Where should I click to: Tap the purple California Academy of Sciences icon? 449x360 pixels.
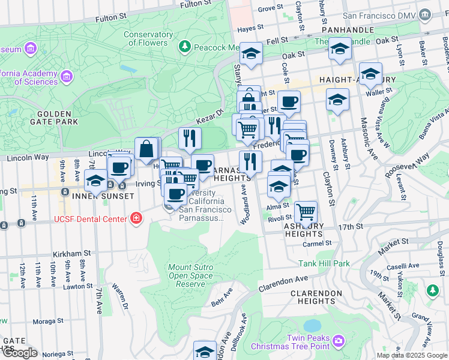66,76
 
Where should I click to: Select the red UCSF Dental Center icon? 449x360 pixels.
136,218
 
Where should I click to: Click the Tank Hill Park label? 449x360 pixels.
324,263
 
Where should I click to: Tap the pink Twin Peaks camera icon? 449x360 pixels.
339,340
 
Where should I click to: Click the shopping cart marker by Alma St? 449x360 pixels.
306,211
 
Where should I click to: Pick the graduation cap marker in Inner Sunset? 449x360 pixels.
95,180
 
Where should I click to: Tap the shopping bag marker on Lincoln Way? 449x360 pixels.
146,148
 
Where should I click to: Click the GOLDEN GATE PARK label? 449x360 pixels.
58,118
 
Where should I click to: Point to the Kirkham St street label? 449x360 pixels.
71,254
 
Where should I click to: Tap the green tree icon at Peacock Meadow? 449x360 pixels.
185,46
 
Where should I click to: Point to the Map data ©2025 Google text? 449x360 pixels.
412,355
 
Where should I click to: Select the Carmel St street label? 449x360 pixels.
317,243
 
